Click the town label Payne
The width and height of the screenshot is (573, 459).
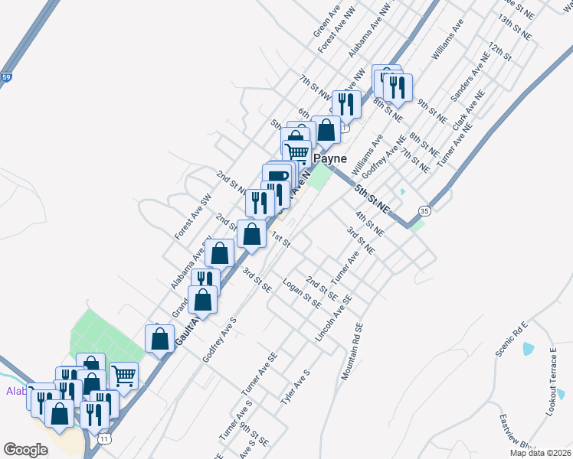tap(329, 159)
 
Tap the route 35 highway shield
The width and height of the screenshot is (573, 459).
tap(424, 210)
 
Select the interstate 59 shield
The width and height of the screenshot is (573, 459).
tap(6, 78)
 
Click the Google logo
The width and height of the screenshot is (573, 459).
tap(25, 449)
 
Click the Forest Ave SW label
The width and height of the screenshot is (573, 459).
tap(192, 216)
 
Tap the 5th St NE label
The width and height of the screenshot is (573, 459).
tap(372, 198)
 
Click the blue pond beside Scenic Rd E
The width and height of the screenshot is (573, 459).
tap(527, 349)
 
